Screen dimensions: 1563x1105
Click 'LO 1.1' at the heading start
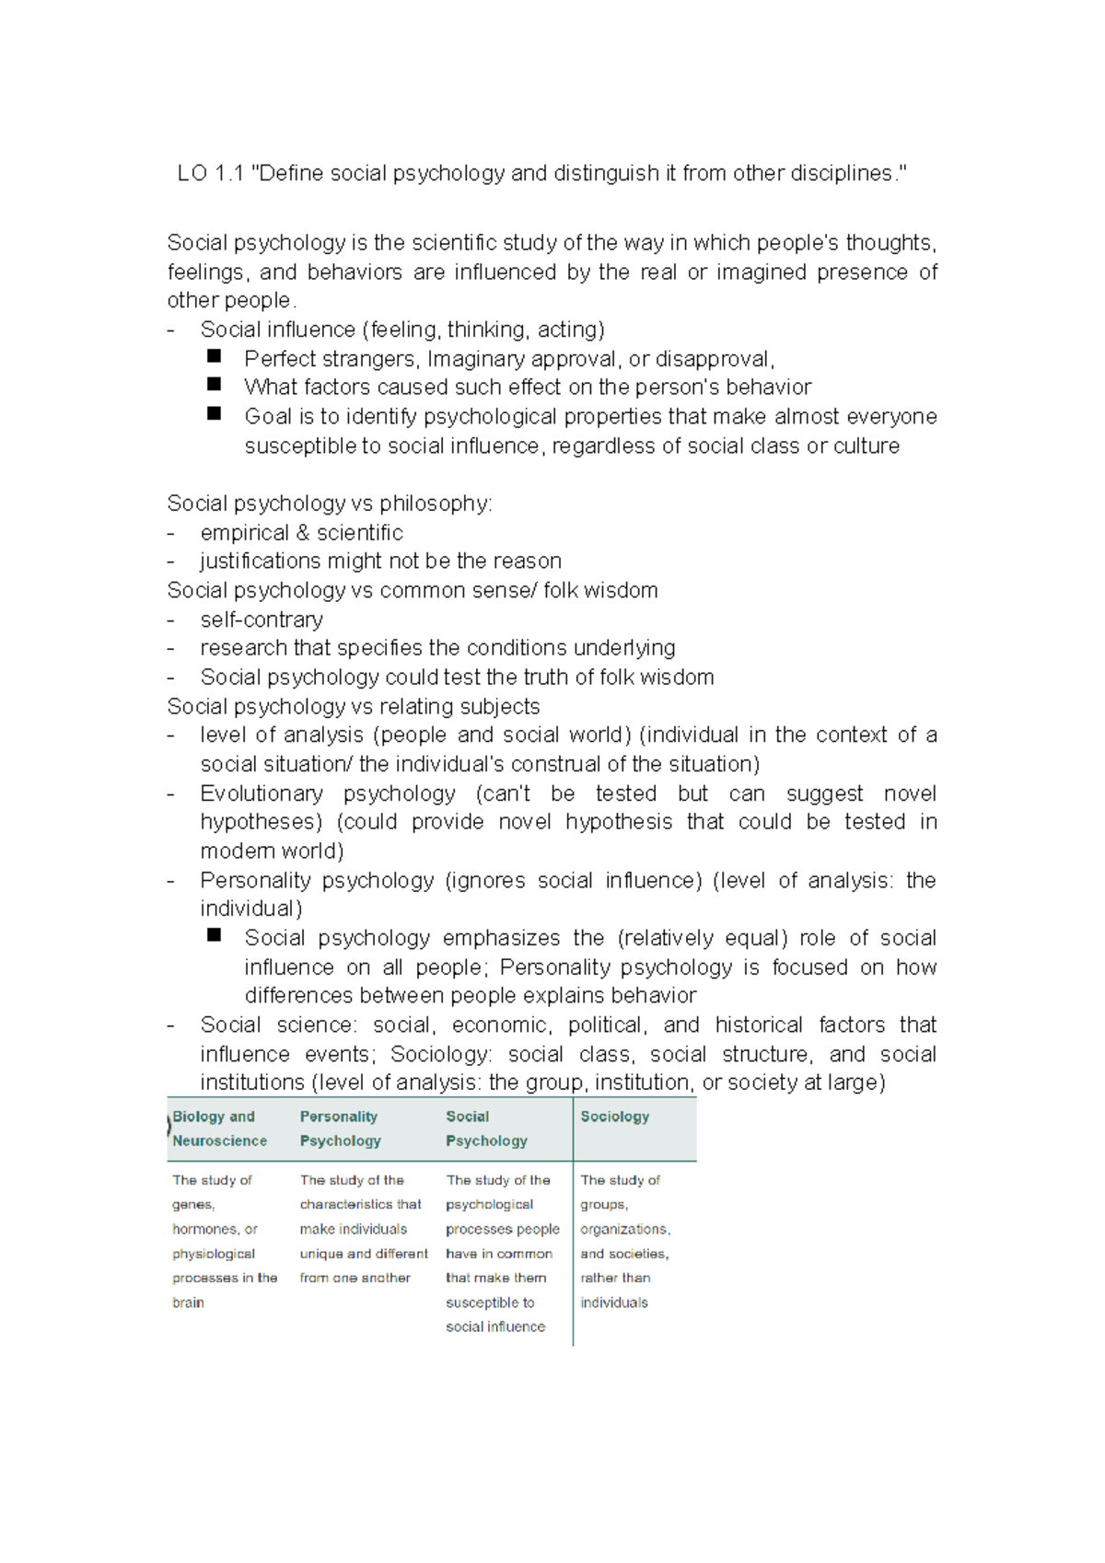(x=210, y=173)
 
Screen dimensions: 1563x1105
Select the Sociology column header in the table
(x=614, y=1117)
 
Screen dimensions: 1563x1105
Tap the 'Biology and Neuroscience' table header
(x=219, y=1129)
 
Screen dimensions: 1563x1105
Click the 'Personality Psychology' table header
(x=340, y=1129)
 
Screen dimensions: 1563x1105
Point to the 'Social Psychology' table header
(x=486, y=1129)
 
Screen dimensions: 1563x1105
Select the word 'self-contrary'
(x=262, y=619)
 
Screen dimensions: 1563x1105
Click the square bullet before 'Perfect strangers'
(x=215, y=355)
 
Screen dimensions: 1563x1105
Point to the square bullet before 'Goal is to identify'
(x=215, y=413)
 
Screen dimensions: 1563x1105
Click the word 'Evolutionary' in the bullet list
(x=262, y=793)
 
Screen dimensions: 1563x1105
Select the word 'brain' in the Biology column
(x=188, y=1302)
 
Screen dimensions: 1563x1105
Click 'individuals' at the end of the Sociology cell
(x=614, y=1302)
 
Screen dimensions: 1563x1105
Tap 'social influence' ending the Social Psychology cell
(x=495, y=1326)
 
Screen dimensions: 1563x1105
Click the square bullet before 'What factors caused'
(x=215, y=384)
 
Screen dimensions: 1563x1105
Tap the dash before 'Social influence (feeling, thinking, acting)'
(x=170, y=330)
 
